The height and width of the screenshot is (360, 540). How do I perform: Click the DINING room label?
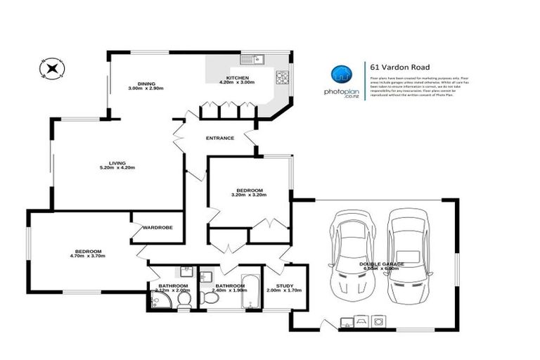(x=146, y=83)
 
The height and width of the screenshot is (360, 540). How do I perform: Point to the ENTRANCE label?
(x=219, y=138)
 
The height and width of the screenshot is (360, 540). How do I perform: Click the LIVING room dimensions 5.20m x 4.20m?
(x=117, y=168)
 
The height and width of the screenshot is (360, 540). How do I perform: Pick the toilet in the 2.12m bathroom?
(x=184, y=300)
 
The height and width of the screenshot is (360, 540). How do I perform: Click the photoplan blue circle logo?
(x=342, y=74)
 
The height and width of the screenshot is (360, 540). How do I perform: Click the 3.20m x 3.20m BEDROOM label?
(x=249, y=191)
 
